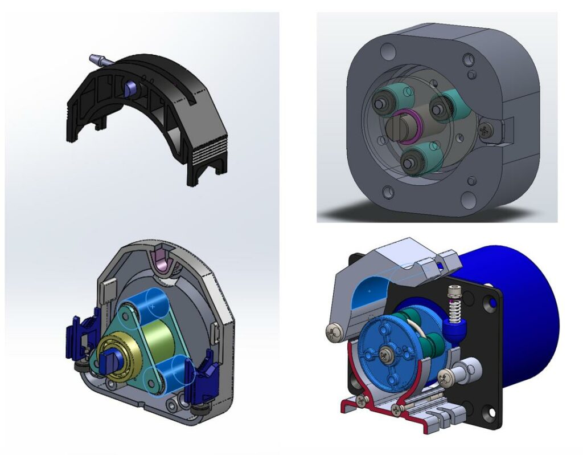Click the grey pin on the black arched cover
pos(98,59)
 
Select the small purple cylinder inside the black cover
pos(131,87)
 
